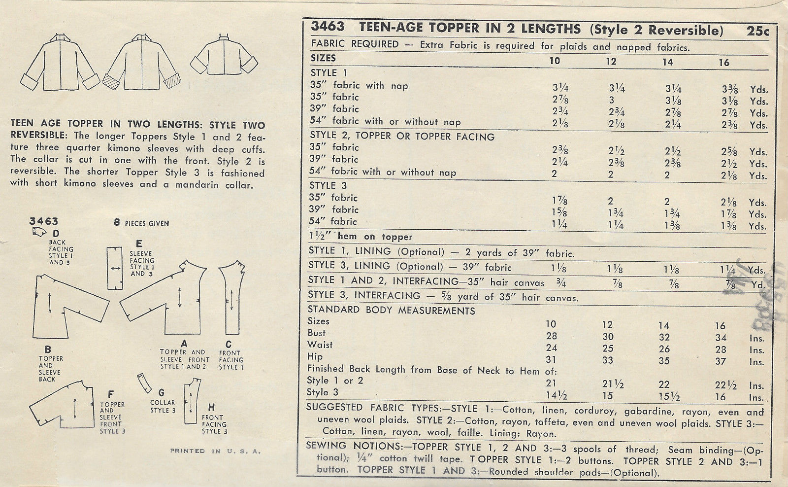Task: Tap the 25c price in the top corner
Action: tap(757, 31)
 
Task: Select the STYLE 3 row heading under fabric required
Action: tap(328, 186)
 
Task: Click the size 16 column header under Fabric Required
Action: tap(723, 63)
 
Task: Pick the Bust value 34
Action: tap(721, 338)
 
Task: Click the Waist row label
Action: tap(320, 345)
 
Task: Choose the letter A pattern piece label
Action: tap(184, 343)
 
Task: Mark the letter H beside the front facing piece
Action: tap(212, 407)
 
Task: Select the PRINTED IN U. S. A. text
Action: tap(215, 451)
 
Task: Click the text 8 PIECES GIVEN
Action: tap(141, 223)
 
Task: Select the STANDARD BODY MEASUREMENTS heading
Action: tap(392, 311)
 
